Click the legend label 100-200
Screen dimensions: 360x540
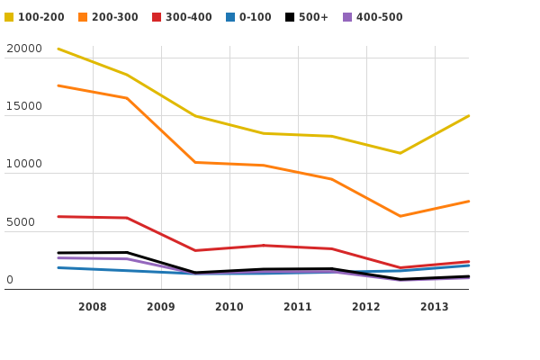click(41, 17)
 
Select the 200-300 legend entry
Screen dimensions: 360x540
click(114, 17)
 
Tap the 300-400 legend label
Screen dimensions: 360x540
click(188, 17)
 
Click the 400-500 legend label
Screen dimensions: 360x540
click(379, 17)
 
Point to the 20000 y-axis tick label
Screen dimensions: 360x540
click(23, 49)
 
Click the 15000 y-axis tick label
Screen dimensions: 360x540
click(23, 106)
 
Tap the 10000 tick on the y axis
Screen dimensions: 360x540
click(23, 164)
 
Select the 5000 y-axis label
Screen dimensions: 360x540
click(21, 222)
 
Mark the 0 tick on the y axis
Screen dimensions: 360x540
click(10, 280)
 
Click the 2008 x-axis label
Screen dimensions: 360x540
click(93, 307)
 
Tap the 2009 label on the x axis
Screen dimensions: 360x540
click(161, 307)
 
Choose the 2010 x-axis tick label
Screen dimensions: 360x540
click(229, 307)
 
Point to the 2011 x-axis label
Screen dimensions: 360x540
click(298, 307)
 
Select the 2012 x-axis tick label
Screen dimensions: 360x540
click(366, 307)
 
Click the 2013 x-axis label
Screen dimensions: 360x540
click(435, 307)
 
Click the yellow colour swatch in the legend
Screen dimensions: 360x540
click(9, 17)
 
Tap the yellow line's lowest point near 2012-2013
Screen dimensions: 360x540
click(400, 153)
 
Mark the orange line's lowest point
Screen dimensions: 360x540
click(400, 216)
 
